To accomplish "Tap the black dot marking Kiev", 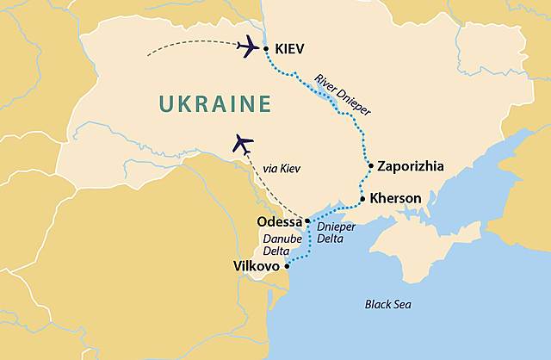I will click(265, 48).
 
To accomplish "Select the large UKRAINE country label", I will click(214, 105).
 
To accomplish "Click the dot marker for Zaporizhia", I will click(369, 164).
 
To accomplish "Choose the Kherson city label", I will click(395, 199).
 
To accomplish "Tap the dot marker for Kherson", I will click(362, 199).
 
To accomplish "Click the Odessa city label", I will click(279, 222).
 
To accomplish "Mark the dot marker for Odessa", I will click(307, 221).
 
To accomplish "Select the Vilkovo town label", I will click(256, 267).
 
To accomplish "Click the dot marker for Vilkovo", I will click(287, 266).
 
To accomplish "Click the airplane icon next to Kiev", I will click(248, 46).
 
